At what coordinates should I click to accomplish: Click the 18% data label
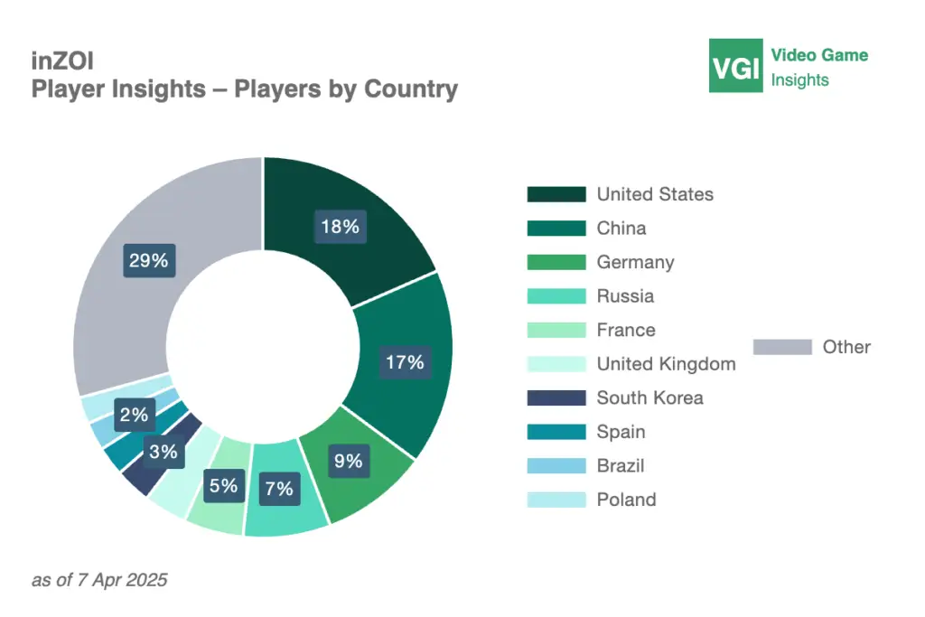(340, 226)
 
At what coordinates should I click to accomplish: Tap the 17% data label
(405, 362)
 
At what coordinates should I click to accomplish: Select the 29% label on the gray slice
(148, 261)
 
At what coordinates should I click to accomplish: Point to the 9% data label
(347, 461)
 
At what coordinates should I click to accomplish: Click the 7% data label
(278, 488)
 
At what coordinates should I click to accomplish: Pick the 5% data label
(222, 485)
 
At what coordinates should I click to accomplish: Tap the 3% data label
(164, 452)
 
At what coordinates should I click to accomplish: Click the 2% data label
(134, 416)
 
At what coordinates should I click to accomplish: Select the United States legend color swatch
(556, 194)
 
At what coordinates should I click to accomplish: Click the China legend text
(621, 229)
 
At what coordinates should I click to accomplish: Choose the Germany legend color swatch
(556, 263)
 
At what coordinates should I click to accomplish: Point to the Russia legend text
(625, 296)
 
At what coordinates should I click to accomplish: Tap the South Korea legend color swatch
(556, 398)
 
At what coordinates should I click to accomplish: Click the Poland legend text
(626, 500)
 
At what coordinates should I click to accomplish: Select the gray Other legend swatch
(781, 347)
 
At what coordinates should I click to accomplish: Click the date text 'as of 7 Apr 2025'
(99, 580)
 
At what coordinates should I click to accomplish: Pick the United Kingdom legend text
(666, 364)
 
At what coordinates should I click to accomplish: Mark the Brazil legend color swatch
(556, 466)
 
